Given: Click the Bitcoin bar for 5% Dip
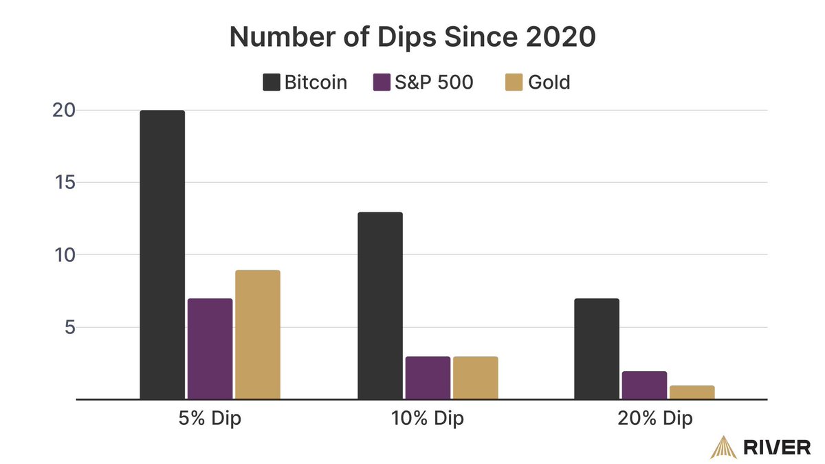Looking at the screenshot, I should [162, 254].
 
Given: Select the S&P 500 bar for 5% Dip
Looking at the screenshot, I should [210, 349].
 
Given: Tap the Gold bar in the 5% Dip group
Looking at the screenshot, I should [258, 334].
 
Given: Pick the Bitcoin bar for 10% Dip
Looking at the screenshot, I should [380, 305].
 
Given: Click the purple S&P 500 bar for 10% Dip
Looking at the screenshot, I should [428, 377].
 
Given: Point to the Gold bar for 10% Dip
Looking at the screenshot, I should [475, 377].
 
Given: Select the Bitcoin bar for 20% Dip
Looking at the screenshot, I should [597, 349].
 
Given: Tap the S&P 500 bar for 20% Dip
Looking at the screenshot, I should [644, 385].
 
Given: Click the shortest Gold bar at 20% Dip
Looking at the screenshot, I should [692, 392].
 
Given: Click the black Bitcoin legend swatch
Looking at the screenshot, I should [271, 82].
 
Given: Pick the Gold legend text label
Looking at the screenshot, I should [549, 82].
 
